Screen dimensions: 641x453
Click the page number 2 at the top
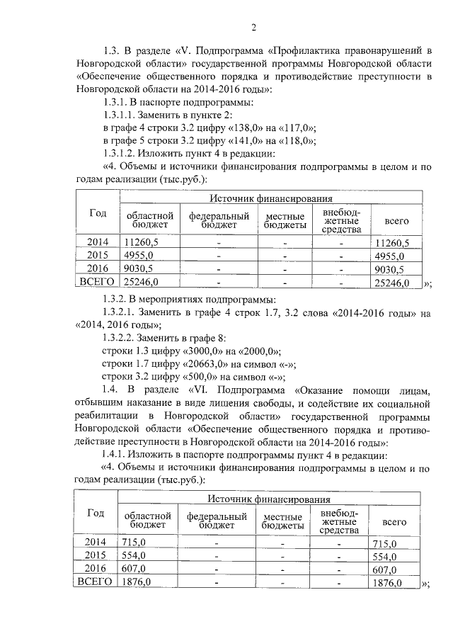(253, 28)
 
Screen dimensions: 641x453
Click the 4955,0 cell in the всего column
(389, 256)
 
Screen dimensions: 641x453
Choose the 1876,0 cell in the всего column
(388, 583)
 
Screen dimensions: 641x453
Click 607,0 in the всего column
(385, 569)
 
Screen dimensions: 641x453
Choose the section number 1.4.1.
(115, 454)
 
